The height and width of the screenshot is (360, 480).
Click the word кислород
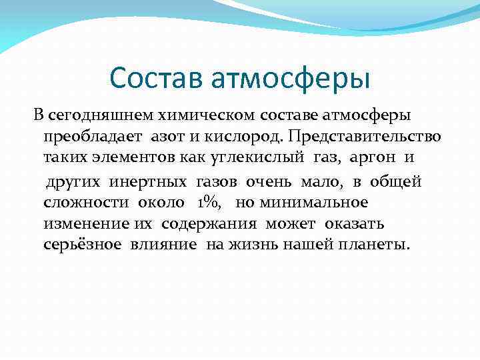pos(245,137)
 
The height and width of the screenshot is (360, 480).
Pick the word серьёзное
pos(83,245)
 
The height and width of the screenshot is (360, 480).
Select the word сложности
pos(87,202)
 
